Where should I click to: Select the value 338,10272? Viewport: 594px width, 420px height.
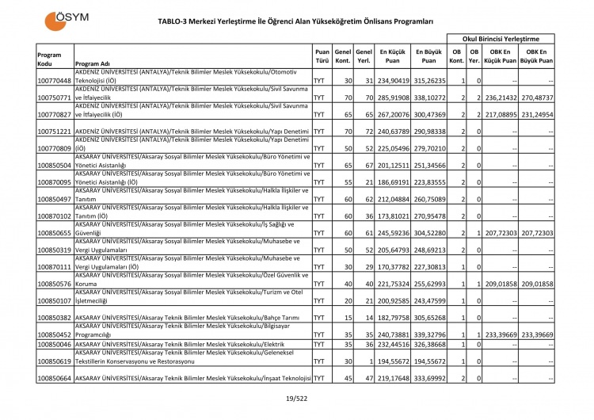[x=428, y=97]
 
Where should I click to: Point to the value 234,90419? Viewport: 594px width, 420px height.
[x=393, y=81]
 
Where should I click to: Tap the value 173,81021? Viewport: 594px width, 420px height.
[x=393, y=215]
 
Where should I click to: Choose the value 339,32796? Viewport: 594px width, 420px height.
[x=428, y=334]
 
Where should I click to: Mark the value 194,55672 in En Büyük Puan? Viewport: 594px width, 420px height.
[x=428, y=361]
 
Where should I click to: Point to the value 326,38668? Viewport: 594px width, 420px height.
[x=428, y=345]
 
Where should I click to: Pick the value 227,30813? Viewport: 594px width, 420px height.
[x=428, y=267]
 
